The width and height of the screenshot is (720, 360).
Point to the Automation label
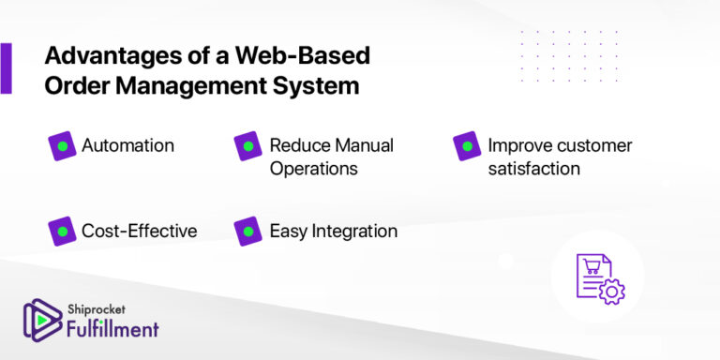(x=127, y=145)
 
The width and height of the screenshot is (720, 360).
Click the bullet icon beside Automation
(x=62, y=146)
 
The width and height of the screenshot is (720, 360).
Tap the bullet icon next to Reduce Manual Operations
(x=247, y=146)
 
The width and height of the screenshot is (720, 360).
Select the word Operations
(x=313, y=169)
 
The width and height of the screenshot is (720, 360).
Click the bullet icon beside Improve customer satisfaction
(x=466, y=146)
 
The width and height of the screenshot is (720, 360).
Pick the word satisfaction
(x=533, y=169)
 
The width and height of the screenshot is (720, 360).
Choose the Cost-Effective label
(x=139, y=231)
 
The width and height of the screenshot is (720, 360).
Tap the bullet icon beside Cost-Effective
(x=62, y=231)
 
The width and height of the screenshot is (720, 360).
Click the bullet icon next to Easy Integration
(x=247, y=231)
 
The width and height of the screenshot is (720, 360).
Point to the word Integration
(x=352, y=231)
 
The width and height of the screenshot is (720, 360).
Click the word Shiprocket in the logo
(x=98, y=307)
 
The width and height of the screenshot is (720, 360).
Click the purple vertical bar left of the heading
(x=6, y=68)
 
